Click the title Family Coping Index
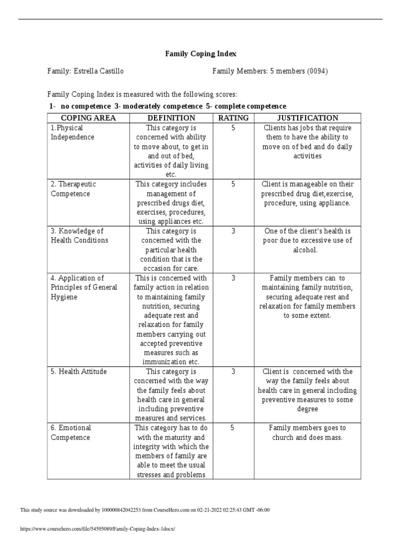point(200,53)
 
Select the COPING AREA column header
point(88,118)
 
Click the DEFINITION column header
point(171,118)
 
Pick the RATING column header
point(233,118)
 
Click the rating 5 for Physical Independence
point(233,128)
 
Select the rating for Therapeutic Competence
point(233,184)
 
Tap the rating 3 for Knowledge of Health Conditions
point(233,231)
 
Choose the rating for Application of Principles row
point(233,278)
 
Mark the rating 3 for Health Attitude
point(233,371)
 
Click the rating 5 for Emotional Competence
point(233,428)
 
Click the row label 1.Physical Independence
point(72,133)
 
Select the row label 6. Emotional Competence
point(70,433)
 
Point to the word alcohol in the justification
point(308,250)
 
